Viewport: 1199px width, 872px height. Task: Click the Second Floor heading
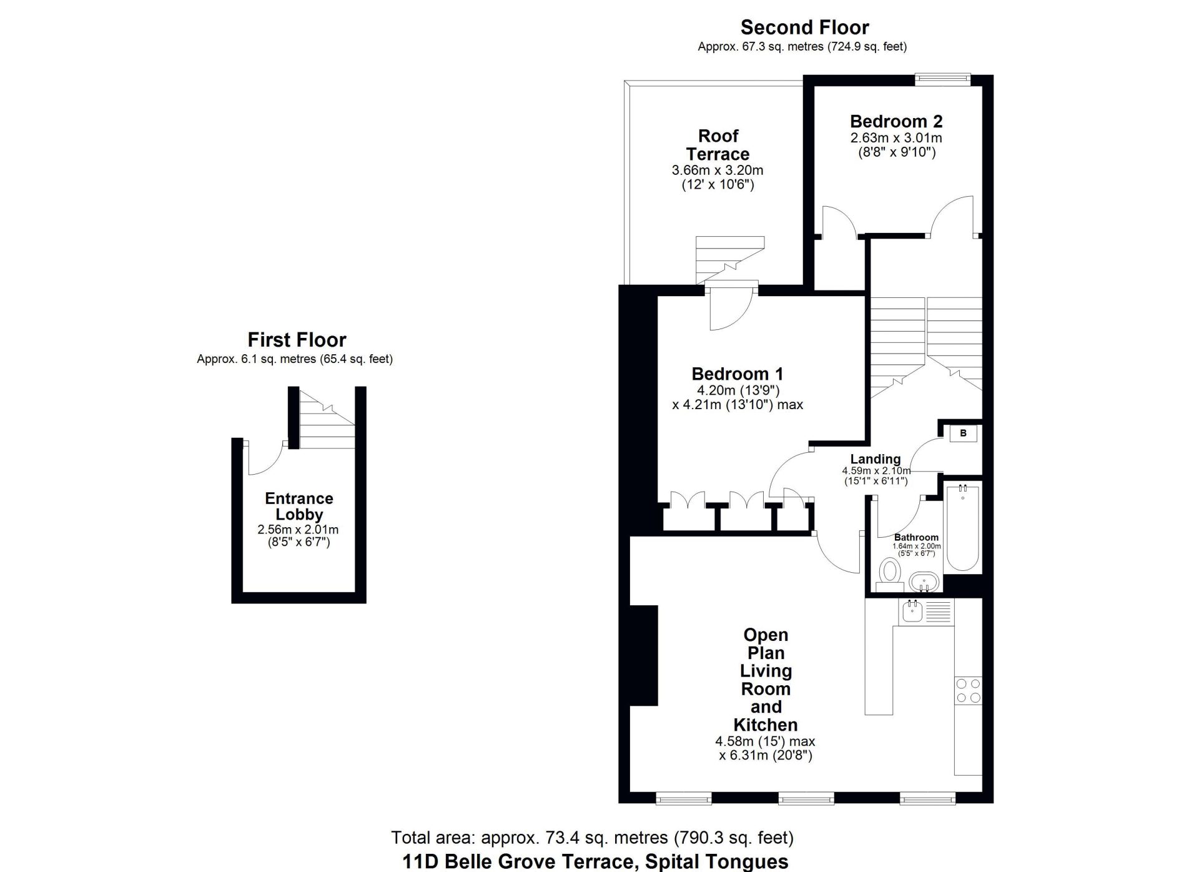click(804, 27)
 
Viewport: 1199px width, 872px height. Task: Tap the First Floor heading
click(297, 340)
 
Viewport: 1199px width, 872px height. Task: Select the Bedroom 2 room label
click(896, 121)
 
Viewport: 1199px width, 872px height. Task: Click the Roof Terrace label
click(718, 145)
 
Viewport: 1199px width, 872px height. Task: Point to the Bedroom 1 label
click(737, 374)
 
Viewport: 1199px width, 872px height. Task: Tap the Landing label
click(876, 459)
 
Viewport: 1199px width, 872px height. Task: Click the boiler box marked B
click(964, 433)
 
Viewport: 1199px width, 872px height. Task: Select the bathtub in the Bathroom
click(962, 527)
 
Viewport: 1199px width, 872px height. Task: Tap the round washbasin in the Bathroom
click(924, 582)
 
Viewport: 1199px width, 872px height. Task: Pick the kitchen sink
click(911, 612)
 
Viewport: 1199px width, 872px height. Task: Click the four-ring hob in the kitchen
click(968, 691)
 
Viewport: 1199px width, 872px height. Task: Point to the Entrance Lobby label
click(299, 507)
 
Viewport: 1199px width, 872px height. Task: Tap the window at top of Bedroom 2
click(943, 78)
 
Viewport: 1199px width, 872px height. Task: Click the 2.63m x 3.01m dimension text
click(896, 138)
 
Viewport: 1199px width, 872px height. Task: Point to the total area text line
click(592, 837)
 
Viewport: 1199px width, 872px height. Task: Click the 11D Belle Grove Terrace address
click(595, 862)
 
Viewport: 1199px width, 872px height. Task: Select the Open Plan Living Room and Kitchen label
click(766, 680)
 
